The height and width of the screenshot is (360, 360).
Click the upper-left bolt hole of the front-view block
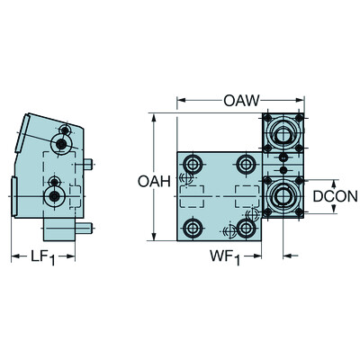(x=192, y=164)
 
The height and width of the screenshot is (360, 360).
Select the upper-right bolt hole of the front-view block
(x=246, y=164)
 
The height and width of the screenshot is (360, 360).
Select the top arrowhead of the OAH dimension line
(x=157, y=117)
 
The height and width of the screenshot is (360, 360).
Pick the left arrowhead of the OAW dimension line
(x=180, y=98)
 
